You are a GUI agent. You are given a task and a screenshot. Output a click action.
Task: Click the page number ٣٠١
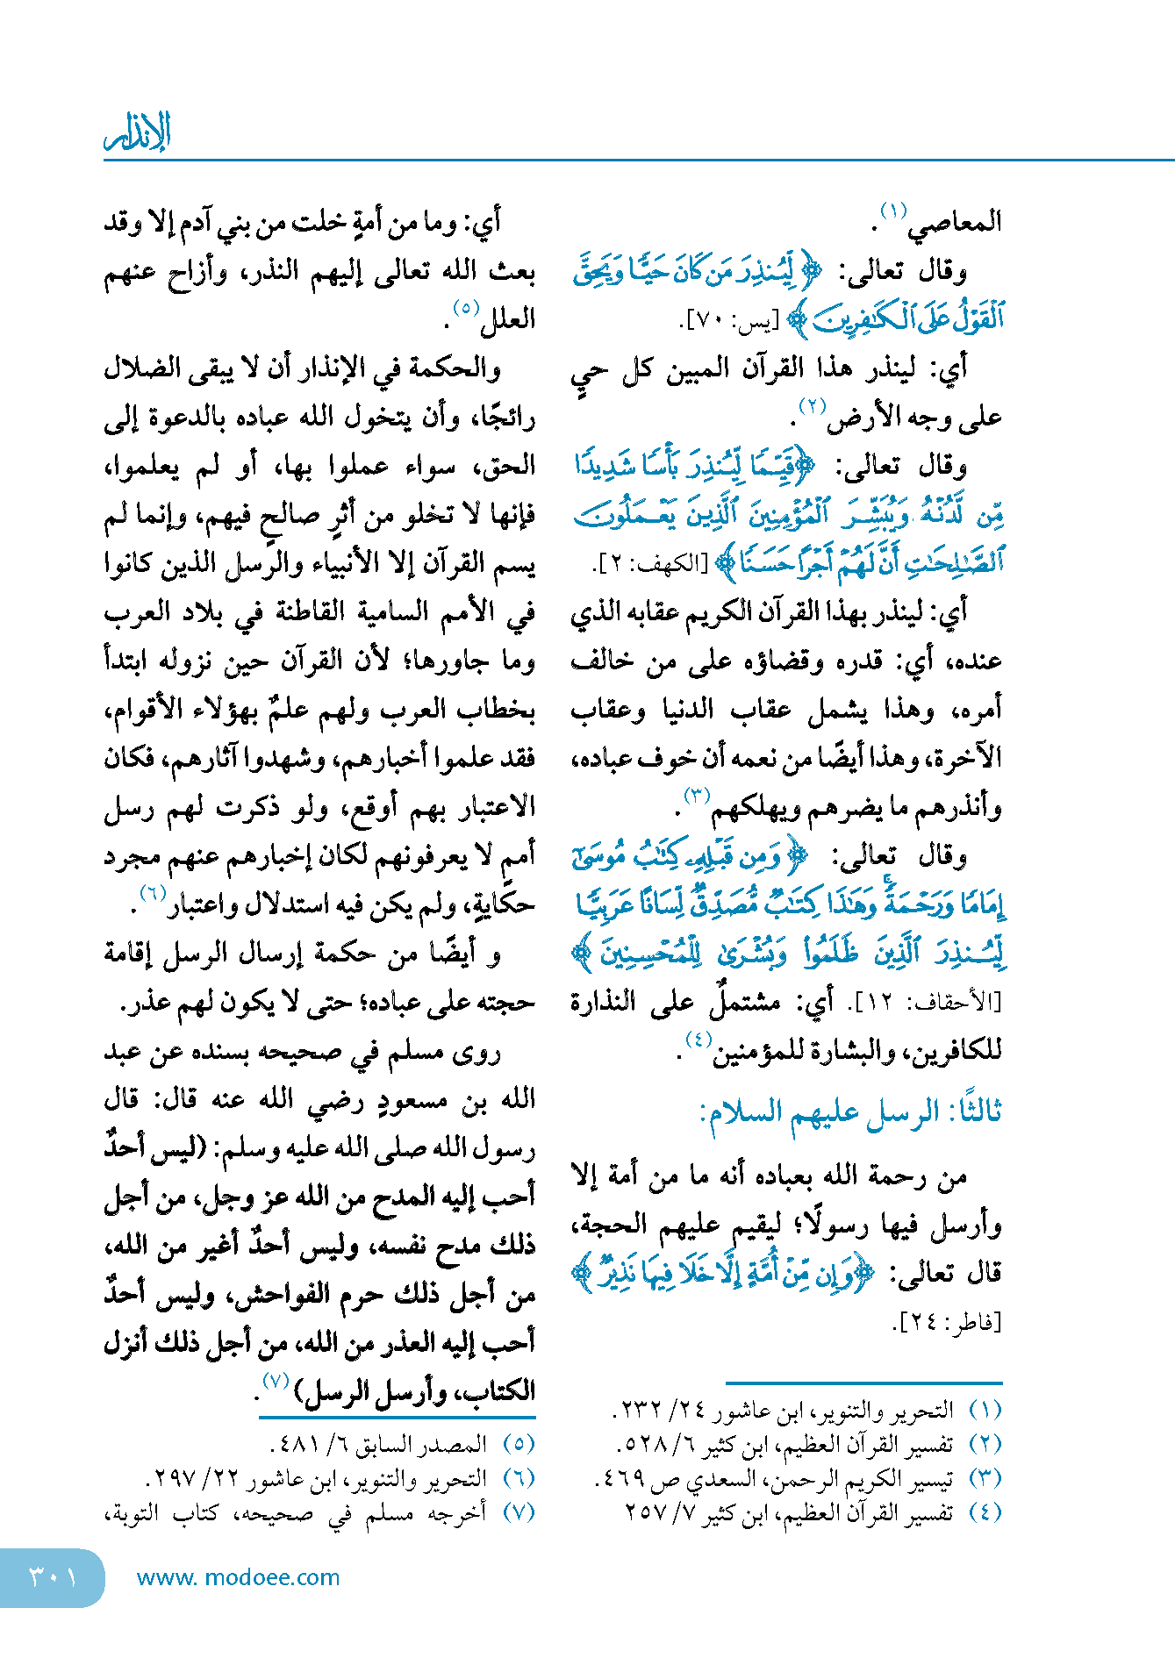point(53,1576)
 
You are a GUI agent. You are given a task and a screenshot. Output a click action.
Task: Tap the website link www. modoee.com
point(238,1577)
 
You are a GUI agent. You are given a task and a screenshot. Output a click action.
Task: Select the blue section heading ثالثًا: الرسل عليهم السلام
point(850,1112)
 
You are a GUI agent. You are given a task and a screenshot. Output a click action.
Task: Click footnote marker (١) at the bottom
point(985,1410)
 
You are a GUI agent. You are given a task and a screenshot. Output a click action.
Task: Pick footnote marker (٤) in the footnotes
point(985,1512)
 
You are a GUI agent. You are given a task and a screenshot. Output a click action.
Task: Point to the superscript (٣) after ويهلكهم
point(696,796)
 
